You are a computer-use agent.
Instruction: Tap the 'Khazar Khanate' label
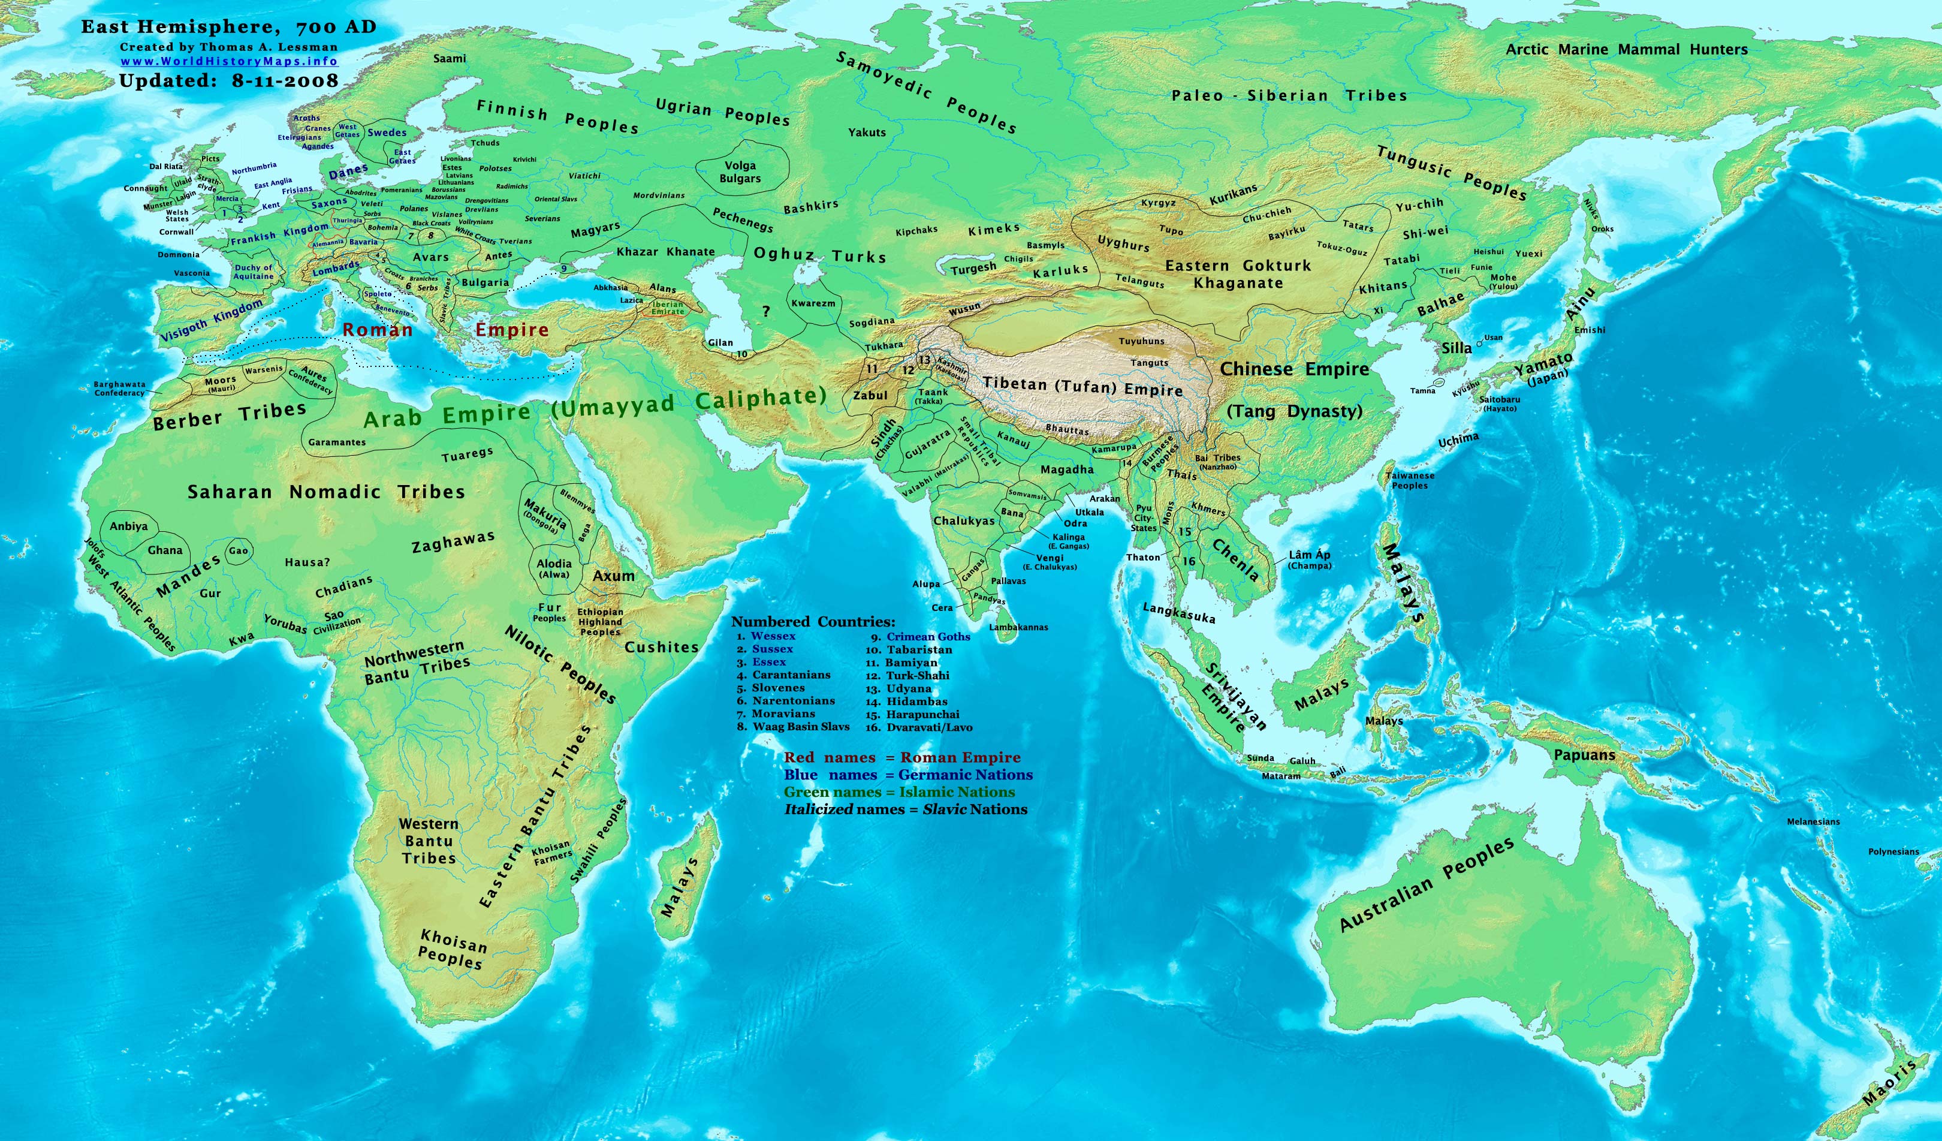pos(665,252)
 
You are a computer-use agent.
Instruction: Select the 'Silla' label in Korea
pos(1456,348)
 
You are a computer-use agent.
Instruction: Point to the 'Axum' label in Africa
pos(613,576)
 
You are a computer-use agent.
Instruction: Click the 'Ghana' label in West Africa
pos(165,550)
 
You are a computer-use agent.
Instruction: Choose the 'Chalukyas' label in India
pos(964,521)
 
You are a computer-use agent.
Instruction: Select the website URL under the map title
pos(229,62)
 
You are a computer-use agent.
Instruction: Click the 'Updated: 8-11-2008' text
pos(229,81)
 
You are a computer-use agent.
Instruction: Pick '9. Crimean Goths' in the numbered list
pos(920,637)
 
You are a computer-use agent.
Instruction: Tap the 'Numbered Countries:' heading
pos(813,621)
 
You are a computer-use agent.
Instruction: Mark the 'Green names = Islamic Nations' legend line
pos(899,793)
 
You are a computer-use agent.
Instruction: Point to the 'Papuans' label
pos(1584,755)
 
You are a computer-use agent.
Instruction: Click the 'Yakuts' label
pos(867,133)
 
